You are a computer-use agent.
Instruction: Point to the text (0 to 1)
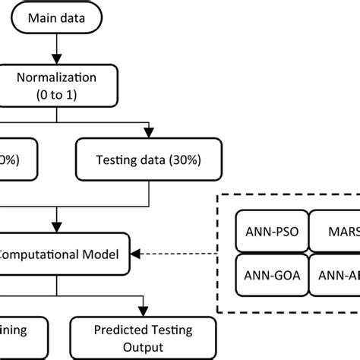56,97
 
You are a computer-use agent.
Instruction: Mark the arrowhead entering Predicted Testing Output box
142,311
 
